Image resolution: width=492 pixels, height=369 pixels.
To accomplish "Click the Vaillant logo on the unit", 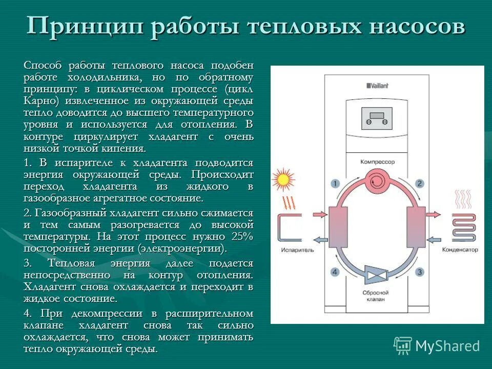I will coord(377,86).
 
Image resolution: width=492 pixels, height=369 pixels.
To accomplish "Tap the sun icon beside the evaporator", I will coord(281,179).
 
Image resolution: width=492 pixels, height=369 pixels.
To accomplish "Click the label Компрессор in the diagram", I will coord(378,161).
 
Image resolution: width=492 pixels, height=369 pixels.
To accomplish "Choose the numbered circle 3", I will coord(419,272).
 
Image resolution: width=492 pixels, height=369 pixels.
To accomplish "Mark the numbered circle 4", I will coord(335,272).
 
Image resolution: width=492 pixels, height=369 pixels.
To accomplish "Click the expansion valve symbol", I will coord(377,274).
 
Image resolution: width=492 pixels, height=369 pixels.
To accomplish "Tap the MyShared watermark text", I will coord(447,346).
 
